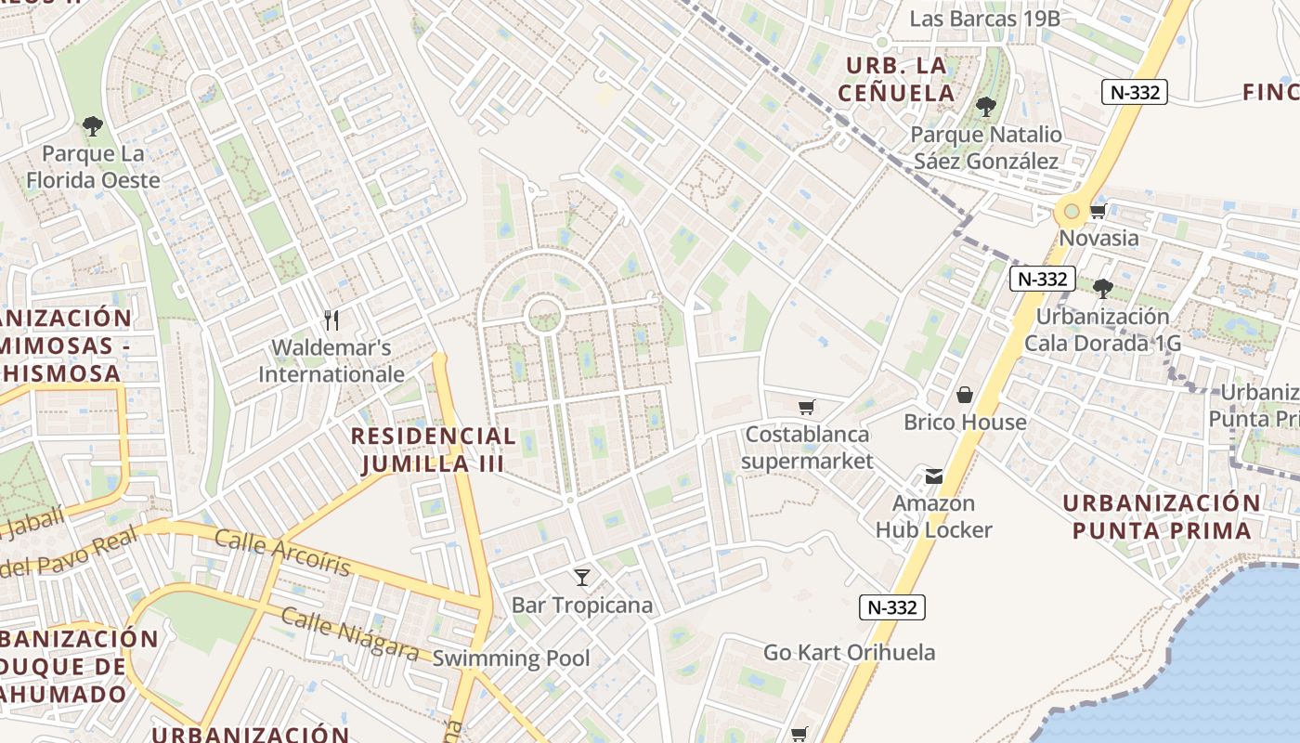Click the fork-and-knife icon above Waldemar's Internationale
(331, 320)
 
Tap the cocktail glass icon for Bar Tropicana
(582, 578)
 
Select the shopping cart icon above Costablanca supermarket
(806, 407)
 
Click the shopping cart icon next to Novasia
(1098, 211)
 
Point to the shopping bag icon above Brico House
(965, 395)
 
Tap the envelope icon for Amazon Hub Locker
(933, 476)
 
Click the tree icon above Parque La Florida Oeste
(92, 125)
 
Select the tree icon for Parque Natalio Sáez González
(985, 107)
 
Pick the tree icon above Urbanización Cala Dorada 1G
(1102, 288)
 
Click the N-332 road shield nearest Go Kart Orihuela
(891, 607)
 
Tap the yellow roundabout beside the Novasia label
(1072, 212)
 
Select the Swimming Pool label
(511, 658)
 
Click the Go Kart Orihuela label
(849, 652)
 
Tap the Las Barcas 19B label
(984, 19)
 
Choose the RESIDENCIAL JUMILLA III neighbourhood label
(433, 450)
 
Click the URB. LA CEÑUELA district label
(895, 79)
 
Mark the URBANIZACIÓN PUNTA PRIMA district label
(1161, 516)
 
